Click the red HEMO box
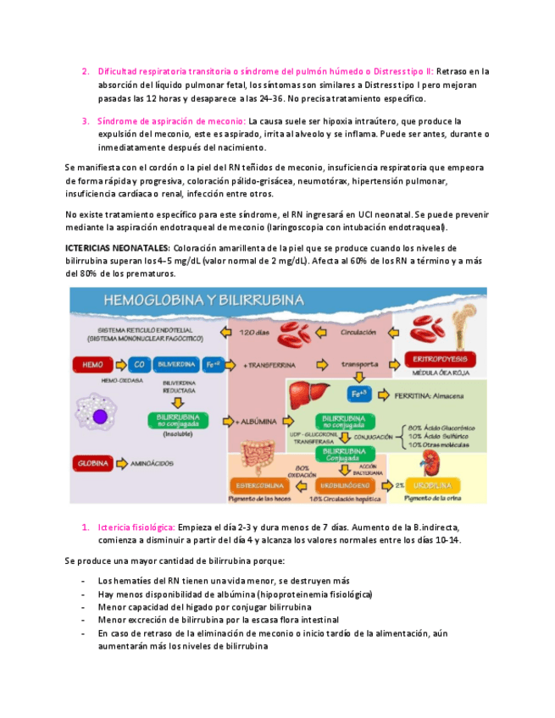coord(93,365)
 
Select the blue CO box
coord(139,365)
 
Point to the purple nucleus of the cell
coord(102,416)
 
